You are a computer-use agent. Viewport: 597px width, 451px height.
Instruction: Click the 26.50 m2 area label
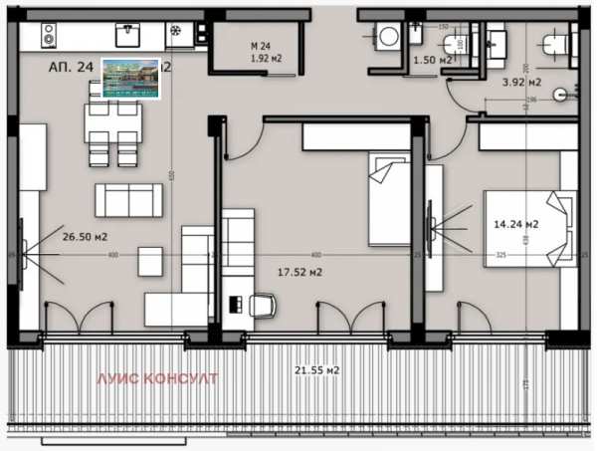point(85,236)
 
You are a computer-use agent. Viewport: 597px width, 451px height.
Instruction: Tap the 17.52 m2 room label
point(299,270)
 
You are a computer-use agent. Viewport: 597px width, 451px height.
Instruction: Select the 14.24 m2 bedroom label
point(516,224)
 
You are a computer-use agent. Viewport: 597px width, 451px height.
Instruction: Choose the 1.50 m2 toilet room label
point(434,61)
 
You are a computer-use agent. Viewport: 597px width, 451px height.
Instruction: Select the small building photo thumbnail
point(130,78)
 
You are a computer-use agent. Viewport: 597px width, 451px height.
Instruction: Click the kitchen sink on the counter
point(127,34)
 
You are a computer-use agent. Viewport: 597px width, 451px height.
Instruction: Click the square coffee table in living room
point(150,260)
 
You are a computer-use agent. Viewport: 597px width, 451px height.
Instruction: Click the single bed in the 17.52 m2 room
point(385,197)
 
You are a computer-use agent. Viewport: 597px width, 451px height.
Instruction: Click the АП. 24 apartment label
point(70,68)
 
